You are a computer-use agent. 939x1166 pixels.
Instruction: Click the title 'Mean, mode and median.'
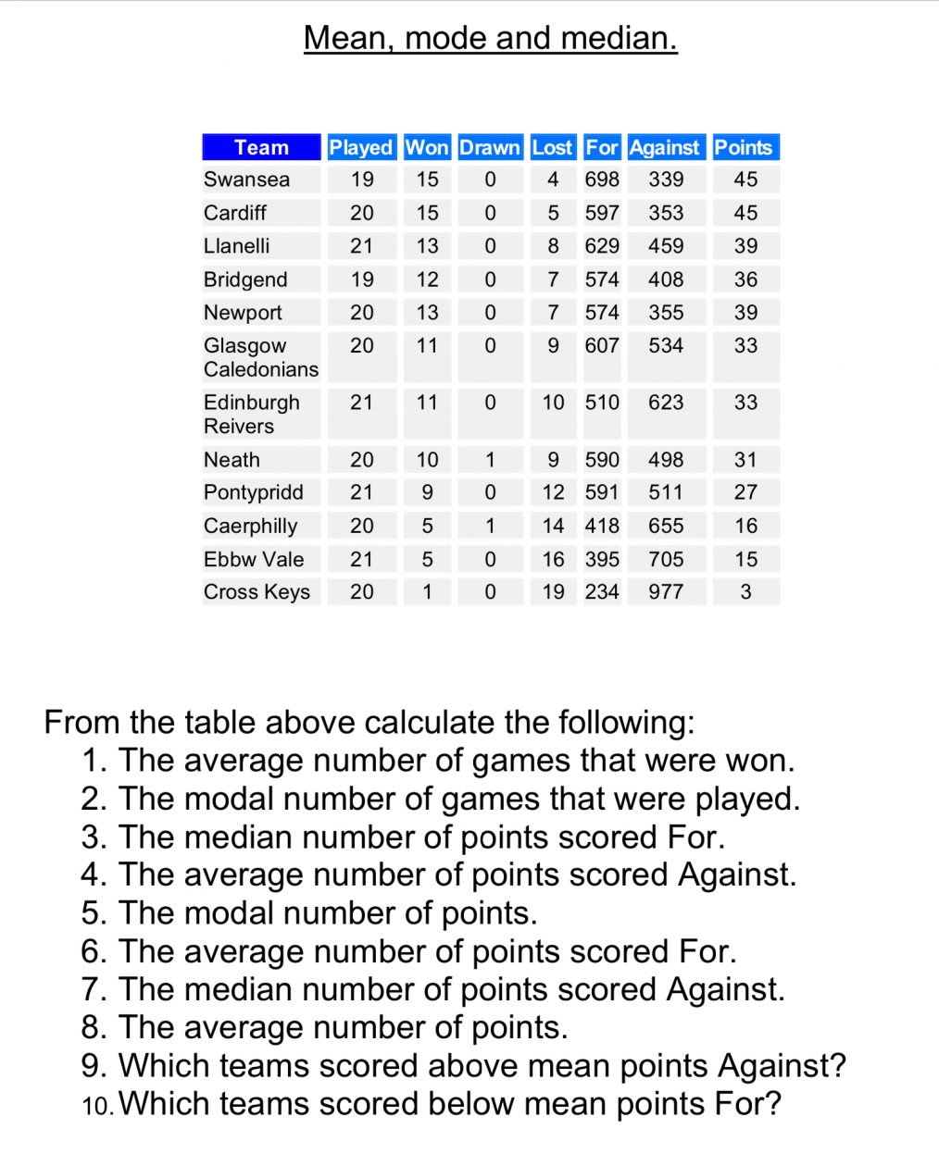(x=490, y=38)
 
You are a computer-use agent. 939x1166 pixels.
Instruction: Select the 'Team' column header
(x=261, y=147)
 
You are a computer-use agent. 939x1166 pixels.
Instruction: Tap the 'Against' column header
(x=664, y=147)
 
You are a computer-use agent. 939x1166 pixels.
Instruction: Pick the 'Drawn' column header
(x=490, y=147)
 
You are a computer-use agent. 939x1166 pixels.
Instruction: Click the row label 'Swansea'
(x=246, y=180)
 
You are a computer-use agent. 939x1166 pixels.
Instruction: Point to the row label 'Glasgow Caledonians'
(x=260, y=357)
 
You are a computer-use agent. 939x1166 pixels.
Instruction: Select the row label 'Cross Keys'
(x=257, y=591)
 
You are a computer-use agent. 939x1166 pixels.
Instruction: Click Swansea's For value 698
(x=602, y=180)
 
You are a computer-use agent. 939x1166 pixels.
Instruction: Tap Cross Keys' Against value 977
(x=666, y=591)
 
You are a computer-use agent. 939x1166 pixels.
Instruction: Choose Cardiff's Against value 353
(x=666, y=213)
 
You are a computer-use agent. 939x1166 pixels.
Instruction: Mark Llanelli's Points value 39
(x=745, y=246)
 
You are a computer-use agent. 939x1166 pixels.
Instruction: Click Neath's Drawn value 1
(x=490, y=460)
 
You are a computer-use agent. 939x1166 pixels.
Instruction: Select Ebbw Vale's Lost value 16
(x=553, y=559)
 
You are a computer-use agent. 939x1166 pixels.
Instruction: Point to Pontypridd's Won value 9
(x=427, y=492)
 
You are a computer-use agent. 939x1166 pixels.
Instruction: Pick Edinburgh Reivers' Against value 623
(x=666, y=403)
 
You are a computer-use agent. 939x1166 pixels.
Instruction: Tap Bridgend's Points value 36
(x=745, y=279)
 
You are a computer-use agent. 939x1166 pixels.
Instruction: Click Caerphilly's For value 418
(x=602, y=526)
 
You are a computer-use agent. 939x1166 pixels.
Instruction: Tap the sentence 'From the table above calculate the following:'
(x=369, y=722)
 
